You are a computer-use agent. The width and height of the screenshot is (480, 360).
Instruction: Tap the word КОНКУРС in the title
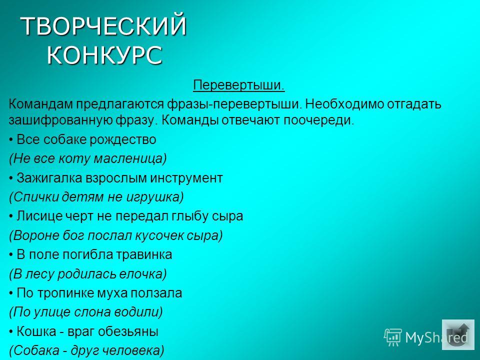(104, 55)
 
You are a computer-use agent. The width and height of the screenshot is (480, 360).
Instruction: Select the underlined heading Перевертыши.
(239, 85)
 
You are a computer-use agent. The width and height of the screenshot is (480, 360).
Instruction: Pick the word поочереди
(318, 120)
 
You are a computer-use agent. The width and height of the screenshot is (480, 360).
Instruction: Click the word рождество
(123, 139)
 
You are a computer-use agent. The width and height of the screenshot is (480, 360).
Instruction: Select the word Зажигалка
(49, 178)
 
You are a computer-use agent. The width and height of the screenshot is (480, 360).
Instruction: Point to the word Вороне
(34, 235)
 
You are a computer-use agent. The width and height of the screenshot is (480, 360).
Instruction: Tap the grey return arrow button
(458, 335)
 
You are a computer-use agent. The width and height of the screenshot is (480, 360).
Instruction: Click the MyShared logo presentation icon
(393, 337)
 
